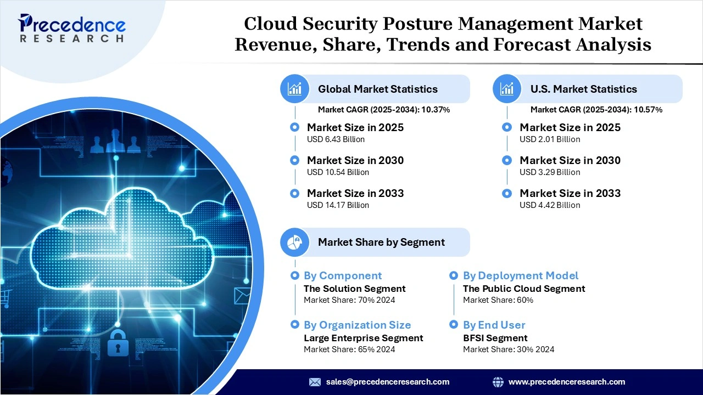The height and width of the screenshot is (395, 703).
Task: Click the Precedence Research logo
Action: tap(71, 28)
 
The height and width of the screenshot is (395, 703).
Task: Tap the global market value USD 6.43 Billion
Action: tap(336, 139)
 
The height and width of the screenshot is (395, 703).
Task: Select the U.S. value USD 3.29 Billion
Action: tap(550, 172)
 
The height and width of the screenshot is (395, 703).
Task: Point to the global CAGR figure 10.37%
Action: tap(436, 110)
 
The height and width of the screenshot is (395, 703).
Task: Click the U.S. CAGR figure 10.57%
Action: tap(648, 110)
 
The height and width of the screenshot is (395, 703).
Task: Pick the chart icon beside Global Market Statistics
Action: tap(295, 89)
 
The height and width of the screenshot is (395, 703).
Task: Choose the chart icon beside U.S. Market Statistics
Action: tap(507, 89)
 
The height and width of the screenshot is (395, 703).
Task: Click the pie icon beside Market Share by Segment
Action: tap(295, 242)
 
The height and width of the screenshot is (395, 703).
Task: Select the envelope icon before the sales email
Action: tap(315, 382)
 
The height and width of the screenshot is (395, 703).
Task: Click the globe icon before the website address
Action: tap(498, 382)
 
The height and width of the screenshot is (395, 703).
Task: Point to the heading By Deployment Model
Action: tap(520, 275)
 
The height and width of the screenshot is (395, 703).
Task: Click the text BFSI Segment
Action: tap(495, 338)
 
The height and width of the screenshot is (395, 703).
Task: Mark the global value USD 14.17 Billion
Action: tap(338, 205)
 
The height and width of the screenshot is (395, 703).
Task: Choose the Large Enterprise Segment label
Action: tap(363, 338)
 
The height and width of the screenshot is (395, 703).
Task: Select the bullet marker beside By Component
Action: tap(295, 275)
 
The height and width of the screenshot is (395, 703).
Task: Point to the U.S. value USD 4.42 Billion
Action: tap(550, 205)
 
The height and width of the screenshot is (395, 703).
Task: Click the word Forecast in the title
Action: tap(532, 44)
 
